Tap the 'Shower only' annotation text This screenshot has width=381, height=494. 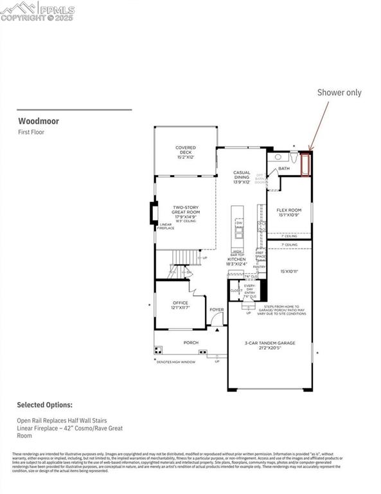[339, 92]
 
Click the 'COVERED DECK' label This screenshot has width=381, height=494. [186, 151]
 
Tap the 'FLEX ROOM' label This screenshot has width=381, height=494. [288, 212]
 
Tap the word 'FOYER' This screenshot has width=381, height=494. [217, 309]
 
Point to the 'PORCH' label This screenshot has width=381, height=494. [191, 342]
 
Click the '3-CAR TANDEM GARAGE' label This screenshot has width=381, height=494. [270, 343]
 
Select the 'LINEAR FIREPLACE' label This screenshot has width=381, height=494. [166, 226]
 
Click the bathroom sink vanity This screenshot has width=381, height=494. [278, 156]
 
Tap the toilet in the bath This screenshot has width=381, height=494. [293, 156]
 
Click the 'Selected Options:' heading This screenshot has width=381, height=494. [44, 405]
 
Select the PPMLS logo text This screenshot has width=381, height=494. [56, 10]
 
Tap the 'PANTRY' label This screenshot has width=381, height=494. [259, 266]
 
